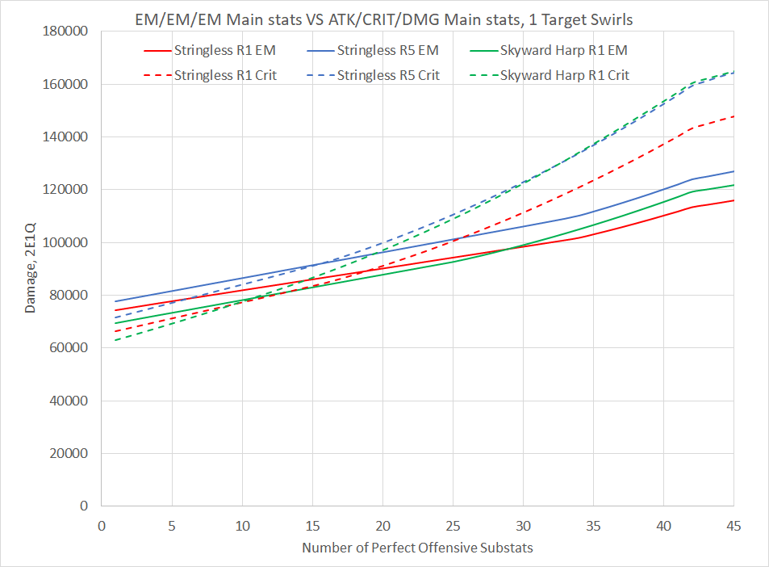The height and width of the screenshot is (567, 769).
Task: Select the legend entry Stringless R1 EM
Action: click(224, 50)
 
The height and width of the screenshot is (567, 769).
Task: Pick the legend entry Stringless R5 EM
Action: click(387, 50)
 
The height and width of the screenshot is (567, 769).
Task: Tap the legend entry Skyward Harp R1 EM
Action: click(563, 50)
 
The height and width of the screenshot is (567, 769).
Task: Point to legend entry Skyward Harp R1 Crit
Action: click(565, 75)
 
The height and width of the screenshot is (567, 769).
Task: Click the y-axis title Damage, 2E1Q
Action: click(31, 267)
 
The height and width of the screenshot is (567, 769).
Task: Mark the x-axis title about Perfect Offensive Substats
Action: click(417, 548)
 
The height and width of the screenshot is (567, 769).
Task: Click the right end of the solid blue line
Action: click(733, 171)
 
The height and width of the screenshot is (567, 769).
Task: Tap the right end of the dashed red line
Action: click(733, 116)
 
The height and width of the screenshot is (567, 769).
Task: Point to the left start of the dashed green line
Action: click(115, 340)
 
